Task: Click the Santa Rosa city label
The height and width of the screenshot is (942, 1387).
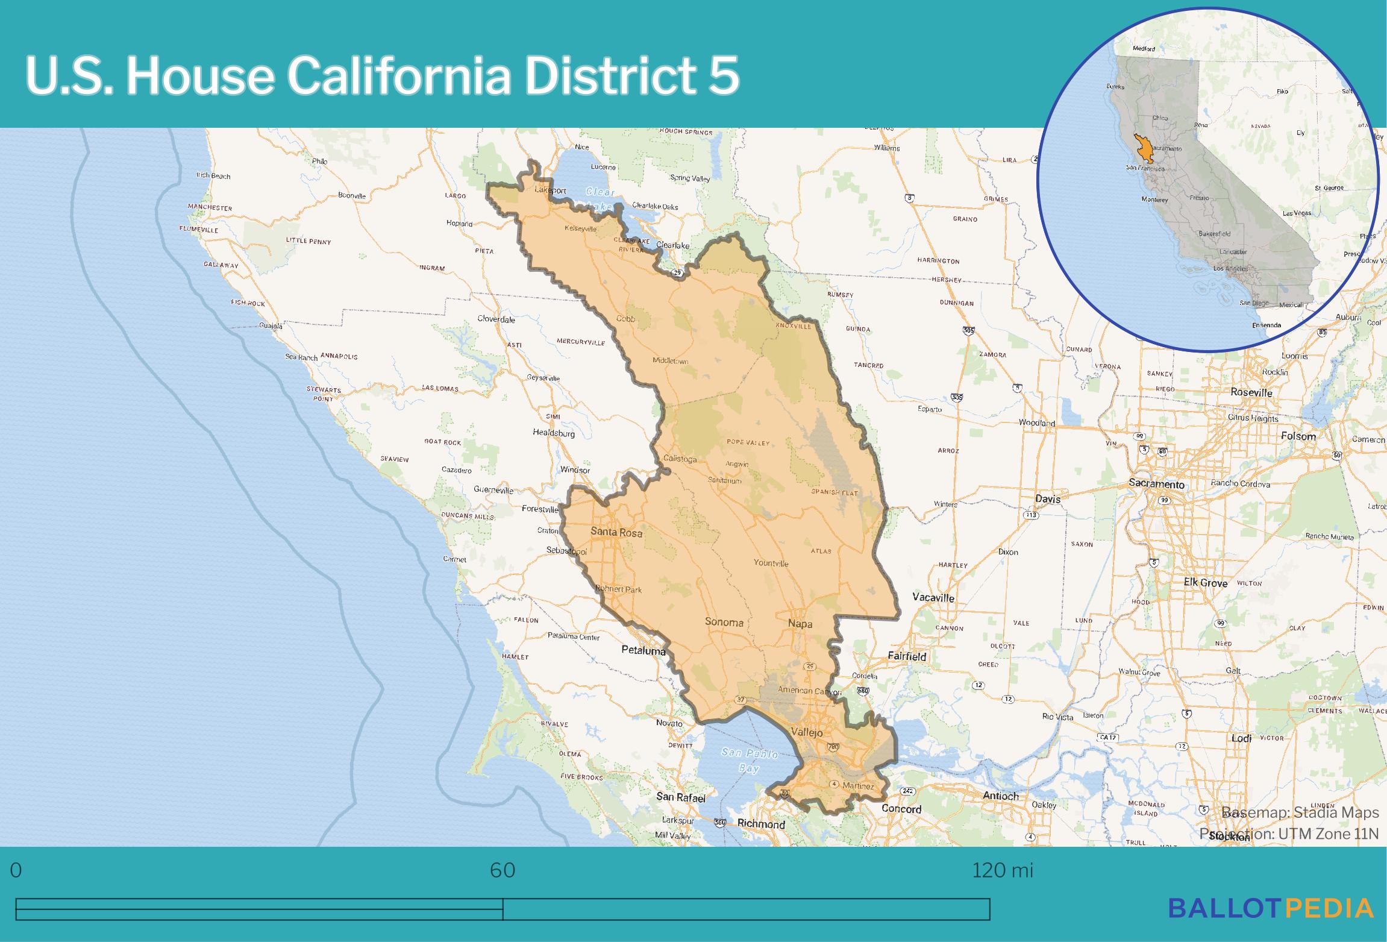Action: click(x=616, y=533)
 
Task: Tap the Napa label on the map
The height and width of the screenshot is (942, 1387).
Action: click(x=800, y=624)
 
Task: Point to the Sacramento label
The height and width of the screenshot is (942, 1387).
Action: click(x=1156, y=484)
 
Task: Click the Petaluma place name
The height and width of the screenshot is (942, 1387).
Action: click(x=643, y=651)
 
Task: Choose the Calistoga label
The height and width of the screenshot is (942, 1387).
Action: click(x=680, y=459)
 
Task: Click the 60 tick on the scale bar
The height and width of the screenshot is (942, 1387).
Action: click(x=503, y=870)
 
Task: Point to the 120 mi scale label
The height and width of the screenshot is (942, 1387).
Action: click(x=1002, y=870)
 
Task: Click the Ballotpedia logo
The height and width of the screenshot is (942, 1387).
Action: click(x=1271, y=908)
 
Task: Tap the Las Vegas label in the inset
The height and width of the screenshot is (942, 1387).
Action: click(x=1297, y=213)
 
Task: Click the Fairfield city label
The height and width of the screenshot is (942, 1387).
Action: click(x=907, y=656)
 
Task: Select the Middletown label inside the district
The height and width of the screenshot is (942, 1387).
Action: click(x=670, y=361)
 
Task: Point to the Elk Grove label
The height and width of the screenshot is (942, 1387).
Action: click(x=1205, y=583)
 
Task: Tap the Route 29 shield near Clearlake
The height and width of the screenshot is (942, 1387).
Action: click(x=678, y=273)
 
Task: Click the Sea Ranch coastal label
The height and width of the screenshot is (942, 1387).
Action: click(x=301, y=357)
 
